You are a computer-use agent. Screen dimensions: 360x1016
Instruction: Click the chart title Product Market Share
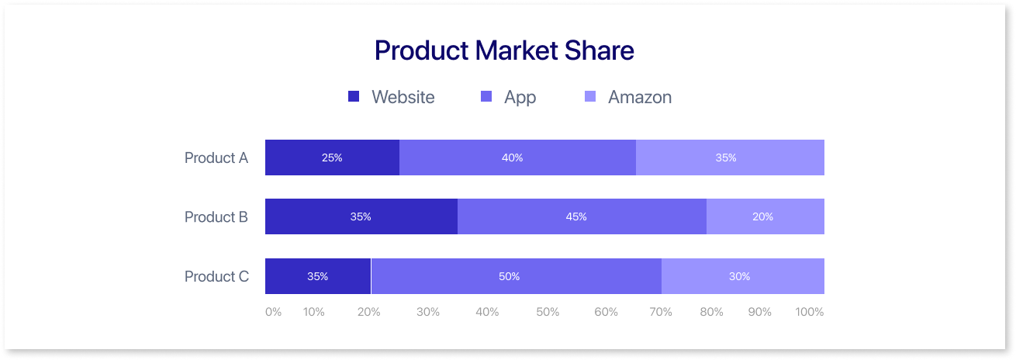click(504, 50)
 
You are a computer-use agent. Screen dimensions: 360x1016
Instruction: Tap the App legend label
click(520, 97)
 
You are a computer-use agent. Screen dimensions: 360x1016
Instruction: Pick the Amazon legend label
click(639, 97)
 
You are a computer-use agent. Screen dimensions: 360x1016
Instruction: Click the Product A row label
click(216, 157)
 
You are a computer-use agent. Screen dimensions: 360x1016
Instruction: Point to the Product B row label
click(216, 216)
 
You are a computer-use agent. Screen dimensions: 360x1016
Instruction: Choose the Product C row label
click(216, 276)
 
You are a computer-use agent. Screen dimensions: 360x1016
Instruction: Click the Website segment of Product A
click(332, 157)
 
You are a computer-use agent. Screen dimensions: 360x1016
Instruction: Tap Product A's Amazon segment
click(730, 157)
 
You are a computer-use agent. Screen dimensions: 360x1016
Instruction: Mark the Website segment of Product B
click(361, 216)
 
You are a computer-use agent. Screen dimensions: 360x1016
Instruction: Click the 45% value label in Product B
click(576, 216)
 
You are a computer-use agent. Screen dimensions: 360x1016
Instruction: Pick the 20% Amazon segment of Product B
click(765, 216)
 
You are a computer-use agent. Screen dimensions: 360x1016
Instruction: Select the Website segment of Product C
click(317, 276)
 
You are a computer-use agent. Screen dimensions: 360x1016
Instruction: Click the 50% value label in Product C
click(510, 276)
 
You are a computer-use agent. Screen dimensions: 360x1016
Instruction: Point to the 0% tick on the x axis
click(273, 312)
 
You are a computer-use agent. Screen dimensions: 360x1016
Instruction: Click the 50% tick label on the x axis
click(547, 312)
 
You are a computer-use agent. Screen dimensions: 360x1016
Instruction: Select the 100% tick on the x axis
click(810, 312)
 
